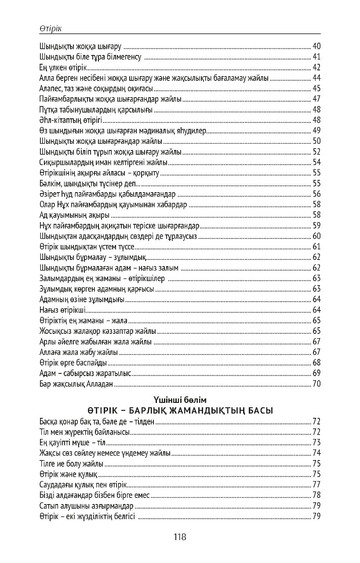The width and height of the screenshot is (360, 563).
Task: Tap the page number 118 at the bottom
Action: click(180, 537)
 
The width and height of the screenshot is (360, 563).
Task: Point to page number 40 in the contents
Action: click(316, 46)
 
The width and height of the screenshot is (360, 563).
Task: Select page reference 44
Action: click(316, 78)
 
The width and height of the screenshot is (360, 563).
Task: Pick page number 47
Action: click(316, 99)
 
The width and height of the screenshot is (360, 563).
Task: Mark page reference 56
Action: click(316, 194)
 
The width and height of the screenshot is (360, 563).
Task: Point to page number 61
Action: click(316, 246)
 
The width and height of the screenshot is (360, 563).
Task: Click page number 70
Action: click(316, 384)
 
